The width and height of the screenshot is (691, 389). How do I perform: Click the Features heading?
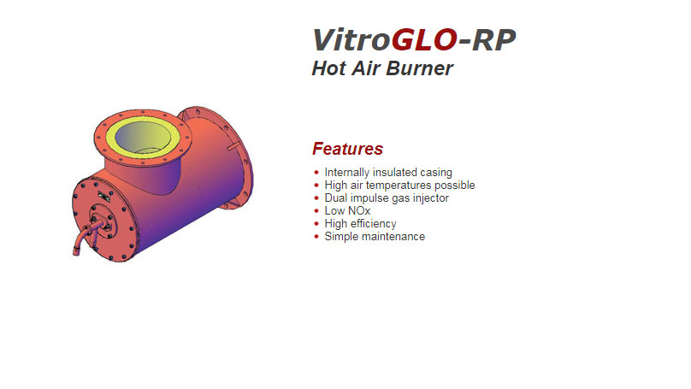click(x=347, y=149)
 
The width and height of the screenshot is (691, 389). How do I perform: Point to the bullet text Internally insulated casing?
click(x=388, y=173)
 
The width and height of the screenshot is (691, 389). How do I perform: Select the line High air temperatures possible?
click(x=399, y=186)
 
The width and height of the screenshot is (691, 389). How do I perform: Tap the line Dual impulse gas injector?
click(x=387, y=198)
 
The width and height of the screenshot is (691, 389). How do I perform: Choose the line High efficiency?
click(x=360, y=224)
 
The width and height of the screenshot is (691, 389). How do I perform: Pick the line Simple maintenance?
click(x=375, y=237)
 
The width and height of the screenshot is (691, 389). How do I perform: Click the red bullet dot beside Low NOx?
click(x=316, y=211)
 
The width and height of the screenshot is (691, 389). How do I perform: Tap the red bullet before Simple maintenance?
click(x=316, y=237)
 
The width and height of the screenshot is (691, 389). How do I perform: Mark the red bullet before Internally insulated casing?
click(x=316, y=173)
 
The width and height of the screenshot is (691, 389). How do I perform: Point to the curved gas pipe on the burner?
click(x=81, y=238)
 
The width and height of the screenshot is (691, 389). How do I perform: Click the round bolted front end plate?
click(x=103, y=220)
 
